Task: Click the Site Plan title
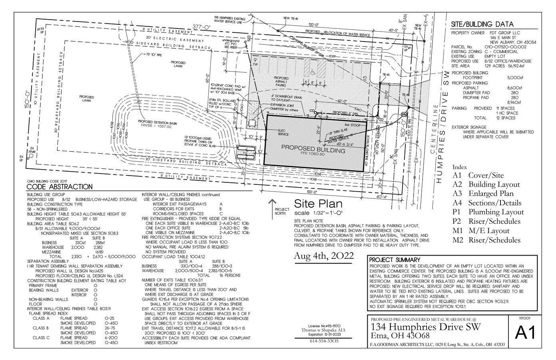pyautogui.click(x=318, y=203)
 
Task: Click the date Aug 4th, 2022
pyautogui.click(x=323, y=256)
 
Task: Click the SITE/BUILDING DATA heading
pyautogui.click(x=482, y=24)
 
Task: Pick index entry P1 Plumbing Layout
pyautogui.click(x=488, y=212)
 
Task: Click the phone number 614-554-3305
pyautogui.click(x=323, y=341)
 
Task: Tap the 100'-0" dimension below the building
pyautogui.click(x=313, y=192)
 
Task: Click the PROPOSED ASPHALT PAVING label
pyautogui.click(x=281, y=81)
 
